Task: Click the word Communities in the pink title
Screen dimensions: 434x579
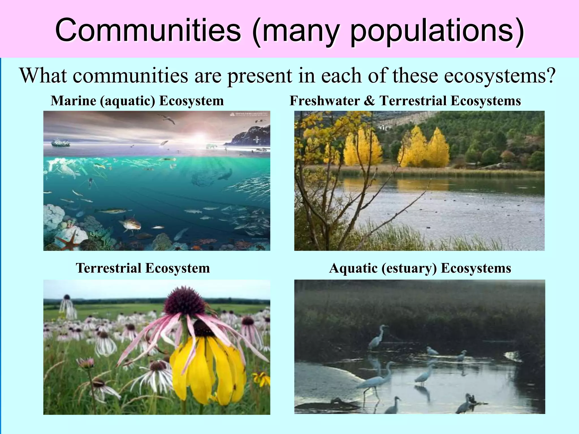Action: pyautogui.click(x=148, y=30)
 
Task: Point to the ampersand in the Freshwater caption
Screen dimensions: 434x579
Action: pyautogui.click(x=369, y=101)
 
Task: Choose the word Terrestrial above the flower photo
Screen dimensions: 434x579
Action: pyautogui.click(x=109, y=268)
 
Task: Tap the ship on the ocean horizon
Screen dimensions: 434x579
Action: pyautogui.click(x=61, y=143)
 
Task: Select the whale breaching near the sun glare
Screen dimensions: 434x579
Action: pyautogui.click(x=164, y=143)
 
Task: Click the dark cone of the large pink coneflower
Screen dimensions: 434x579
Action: pyautogui.click(x=184, y=302)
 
